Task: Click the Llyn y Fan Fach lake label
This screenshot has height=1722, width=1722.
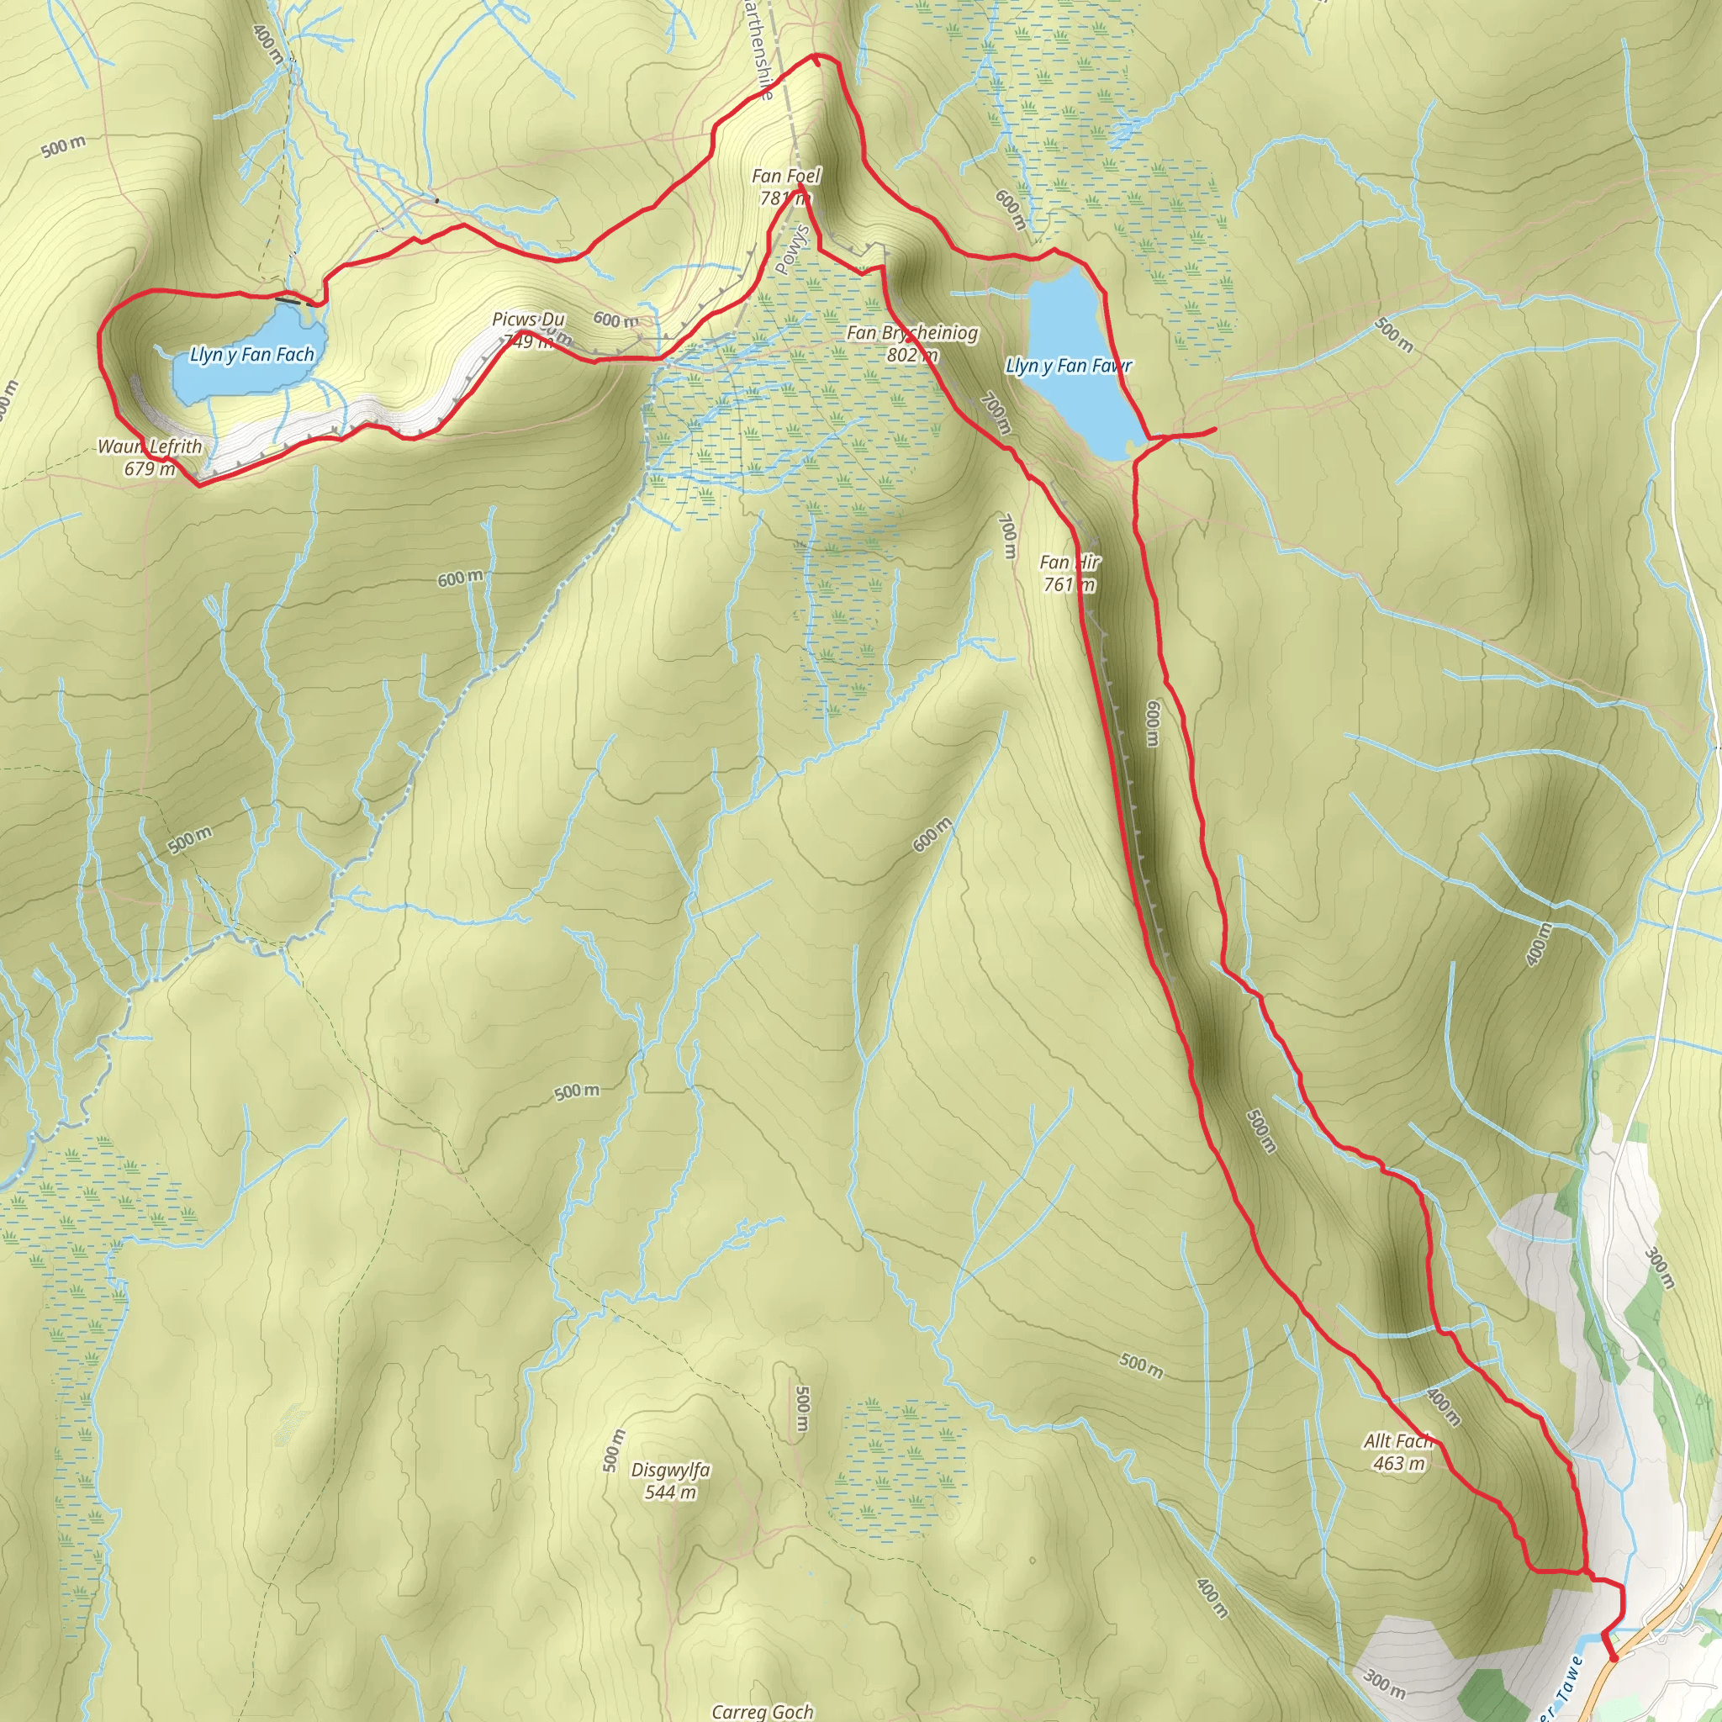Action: (x=252, y=355)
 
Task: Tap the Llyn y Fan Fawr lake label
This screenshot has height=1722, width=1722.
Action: (x=1069, y=366)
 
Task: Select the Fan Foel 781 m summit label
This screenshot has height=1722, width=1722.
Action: (x=785, y=187)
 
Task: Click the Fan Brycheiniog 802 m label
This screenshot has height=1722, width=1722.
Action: (x=911, y=343)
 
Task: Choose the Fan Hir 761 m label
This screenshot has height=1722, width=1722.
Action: (x=1070, y=573)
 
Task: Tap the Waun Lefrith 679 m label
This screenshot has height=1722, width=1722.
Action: (x=150, y=457)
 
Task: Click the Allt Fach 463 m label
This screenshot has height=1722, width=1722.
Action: (x=1398, y=1452)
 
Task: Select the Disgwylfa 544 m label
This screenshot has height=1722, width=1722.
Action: (x=670, y=1481)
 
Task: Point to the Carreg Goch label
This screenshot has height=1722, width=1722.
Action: (x=762, y=1710)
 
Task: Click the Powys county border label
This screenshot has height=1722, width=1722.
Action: (x=791, y=250)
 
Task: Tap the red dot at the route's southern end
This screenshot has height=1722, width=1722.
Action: (x=1614, y=1658)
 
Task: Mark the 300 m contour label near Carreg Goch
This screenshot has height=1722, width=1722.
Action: (x=1384, y=1682)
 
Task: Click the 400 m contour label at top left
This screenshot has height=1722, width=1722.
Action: (x=267, y=45)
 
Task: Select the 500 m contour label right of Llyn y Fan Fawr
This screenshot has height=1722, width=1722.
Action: (x=1393, y=335)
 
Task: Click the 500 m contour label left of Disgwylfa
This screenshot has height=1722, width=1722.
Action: (x=613, y=1450)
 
